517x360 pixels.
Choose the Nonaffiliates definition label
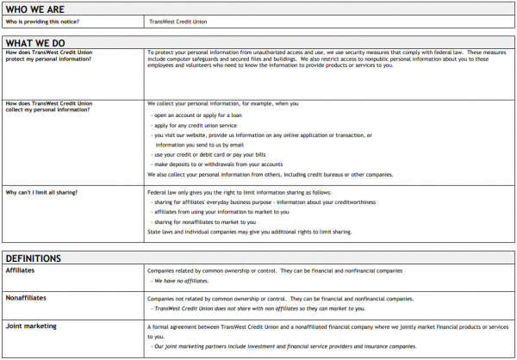pos(28,297)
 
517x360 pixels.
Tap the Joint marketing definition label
pos(33,326)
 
